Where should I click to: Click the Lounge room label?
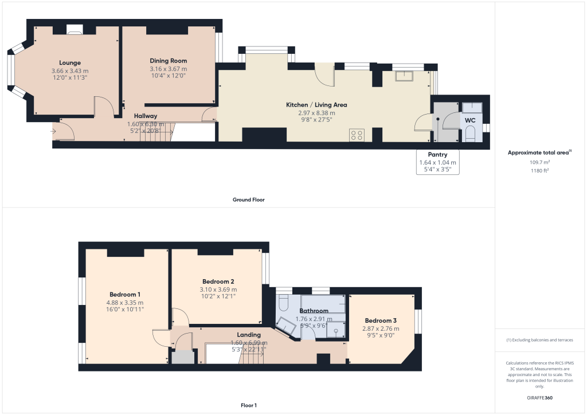point(70,62)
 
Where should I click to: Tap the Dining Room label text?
point(168,61)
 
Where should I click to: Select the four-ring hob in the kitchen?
point(356,135)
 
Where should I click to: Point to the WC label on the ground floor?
point(469,120)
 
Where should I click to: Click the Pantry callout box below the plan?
point(437,162)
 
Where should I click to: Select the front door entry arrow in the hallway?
point(54,132)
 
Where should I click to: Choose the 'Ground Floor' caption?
point(248,200)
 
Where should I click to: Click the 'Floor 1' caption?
point(248,406)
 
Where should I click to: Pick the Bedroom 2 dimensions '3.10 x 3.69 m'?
point(218,289)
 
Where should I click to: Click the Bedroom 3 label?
point(380,320)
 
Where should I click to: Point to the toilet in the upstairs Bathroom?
point(284,304)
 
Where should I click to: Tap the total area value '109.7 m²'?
point(539,162)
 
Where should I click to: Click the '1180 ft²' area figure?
point(539,170)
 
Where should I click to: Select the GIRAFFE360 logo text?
point(540,398)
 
